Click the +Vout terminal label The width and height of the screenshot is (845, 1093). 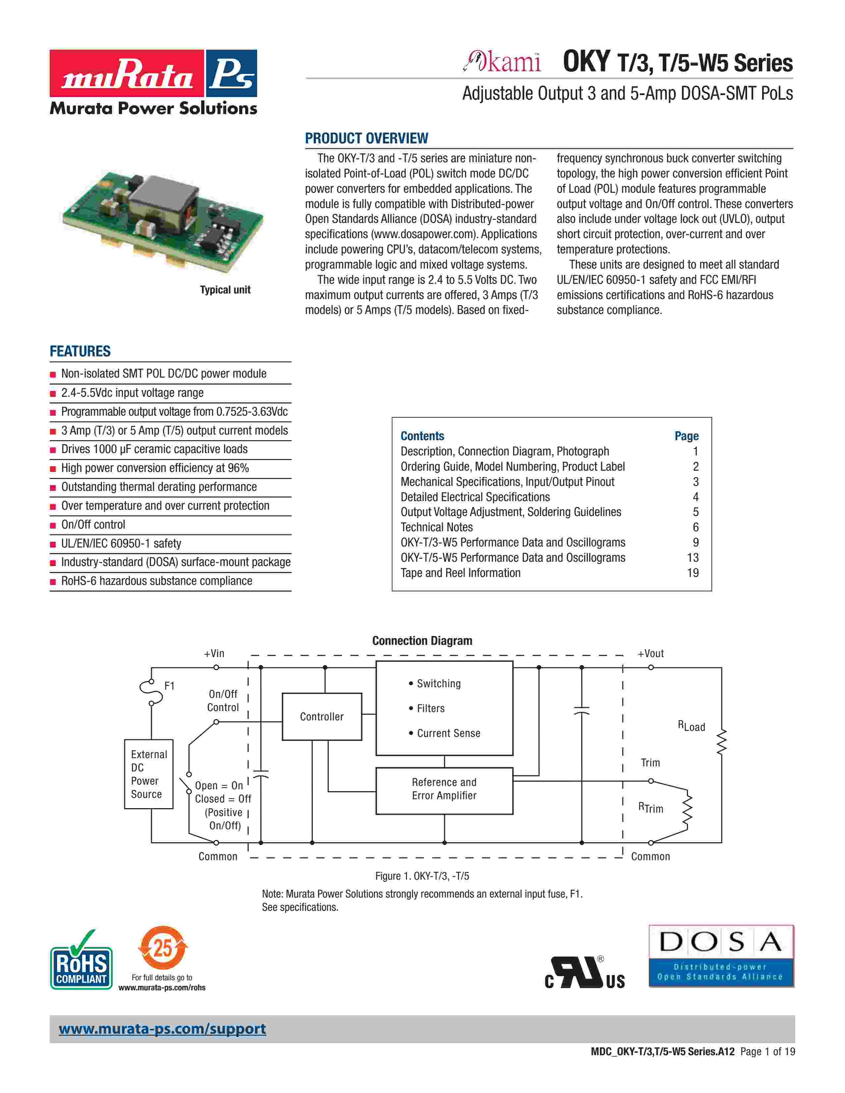(x=650, y=653)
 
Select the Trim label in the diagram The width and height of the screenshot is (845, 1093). (x=650, y=763)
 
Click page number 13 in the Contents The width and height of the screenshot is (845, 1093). (x=692, y=557)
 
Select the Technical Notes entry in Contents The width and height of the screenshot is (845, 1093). (x=436, y=527)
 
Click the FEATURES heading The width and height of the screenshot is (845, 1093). (x=80, y=351)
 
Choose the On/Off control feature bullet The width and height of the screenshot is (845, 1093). (x=93, y=525)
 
